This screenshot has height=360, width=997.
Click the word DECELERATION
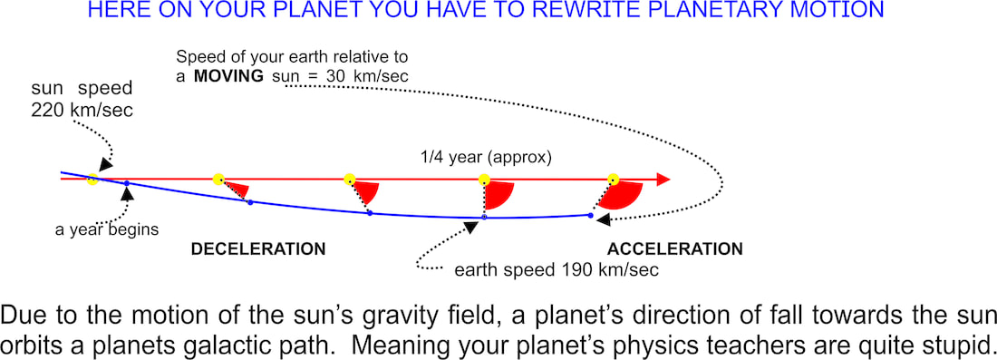(258, 248)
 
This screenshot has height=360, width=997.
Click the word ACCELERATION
(675, 248)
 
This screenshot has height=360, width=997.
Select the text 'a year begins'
(106, 229)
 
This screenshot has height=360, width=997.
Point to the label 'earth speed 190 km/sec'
(557, 269)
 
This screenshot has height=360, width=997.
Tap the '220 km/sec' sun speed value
(82, 110)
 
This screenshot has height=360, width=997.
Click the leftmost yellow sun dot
(92, 179)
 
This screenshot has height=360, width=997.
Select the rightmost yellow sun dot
(613, 179)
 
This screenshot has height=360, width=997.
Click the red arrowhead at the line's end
(663, 180)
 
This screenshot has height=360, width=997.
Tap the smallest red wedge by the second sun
(237, 189)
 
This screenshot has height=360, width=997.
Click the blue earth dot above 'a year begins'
(127, 183)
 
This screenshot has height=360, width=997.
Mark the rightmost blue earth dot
(590, 216)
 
